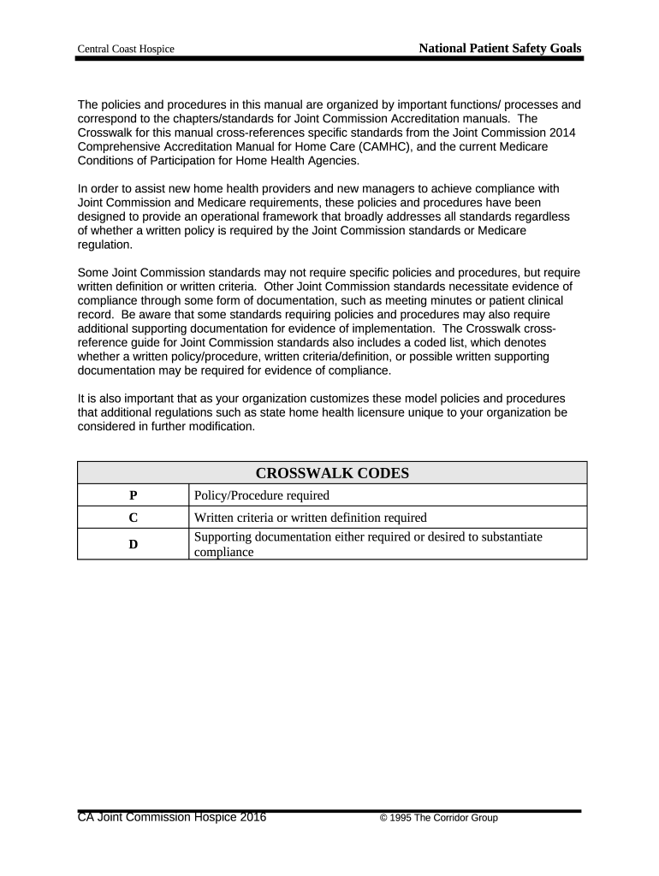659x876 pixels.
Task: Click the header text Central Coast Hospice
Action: pos(126,50)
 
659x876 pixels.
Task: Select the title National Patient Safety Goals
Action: pos(500,49)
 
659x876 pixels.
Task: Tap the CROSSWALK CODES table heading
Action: pos(332,473)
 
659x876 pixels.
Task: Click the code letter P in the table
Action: pos(133,495)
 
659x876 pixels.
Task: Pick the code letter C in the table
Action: pos(133,518)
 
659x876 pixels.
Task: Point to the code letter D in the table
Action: pos(133,544)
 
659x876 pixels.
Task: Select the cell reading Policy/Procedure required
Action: pos(262,495)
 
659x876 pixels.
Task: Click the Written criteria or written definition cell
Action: pos(311,518)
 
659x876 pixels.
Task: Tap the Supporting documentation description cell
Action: pos(369,544)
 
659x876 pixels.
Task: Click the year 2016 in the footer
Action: pos(252,818)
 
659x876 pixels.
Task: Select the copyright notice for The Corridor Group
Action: pos(438,819)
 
